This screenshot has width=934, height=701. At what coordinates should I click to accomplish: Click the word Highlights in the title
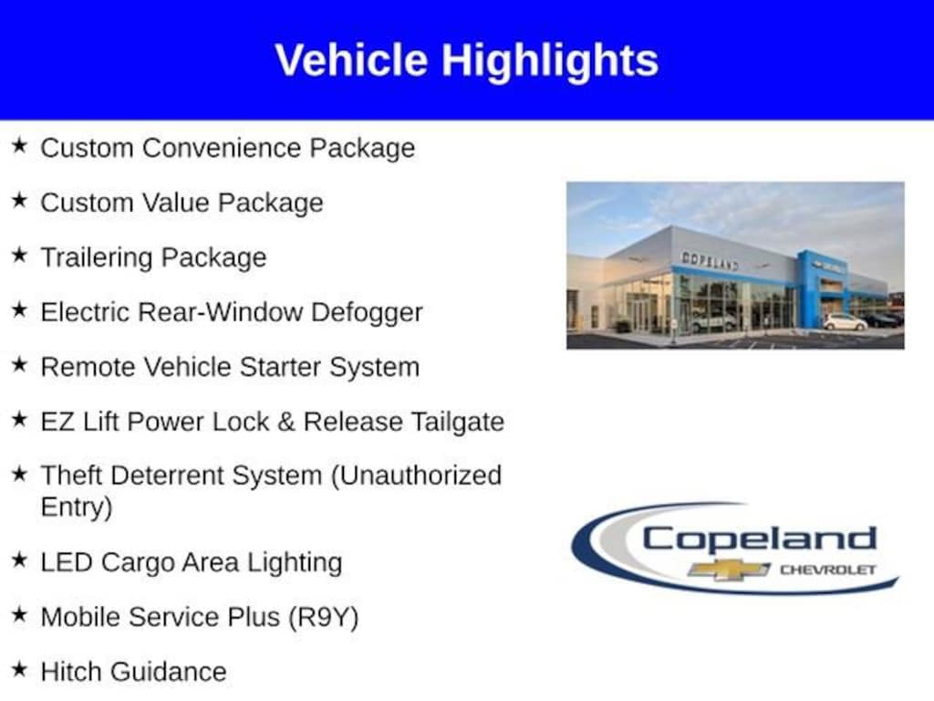(550, 61)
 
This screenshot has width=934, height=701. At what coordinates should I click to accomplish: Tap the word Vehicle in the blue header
(351, 59)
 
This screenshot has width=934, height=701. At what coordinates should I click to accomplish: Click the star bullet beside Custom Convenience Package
(20, 145)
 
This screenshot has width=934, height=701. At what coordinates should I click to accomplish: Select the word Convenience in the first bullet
(222, 148)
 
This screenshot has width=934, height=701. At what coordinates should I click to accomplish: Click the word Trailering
(97, 258)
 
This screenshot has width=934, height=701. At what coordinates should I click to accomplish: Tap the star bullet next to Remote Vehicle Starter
(20, 363)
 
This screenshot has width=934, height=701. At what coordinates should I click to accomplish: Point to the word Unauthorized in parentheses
(416, 476)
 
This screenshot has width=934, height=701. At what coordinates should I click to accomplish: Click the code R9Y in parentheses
(324, 618)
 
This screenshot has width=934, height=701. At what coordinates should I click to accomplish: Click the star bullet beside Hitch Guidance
(20, 669)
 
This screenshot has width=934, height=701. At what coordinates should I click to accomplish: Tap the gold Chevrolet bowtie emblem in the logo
(729, 570)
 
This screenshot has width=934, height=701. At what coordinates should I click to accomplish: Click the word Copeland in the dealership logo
(760, 539)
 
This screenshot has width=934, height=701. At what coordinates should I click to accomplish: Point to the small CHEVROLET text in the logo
(828, 570)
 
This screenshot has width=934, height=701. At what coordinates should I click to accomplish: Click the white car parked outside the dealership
(846, 322)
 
